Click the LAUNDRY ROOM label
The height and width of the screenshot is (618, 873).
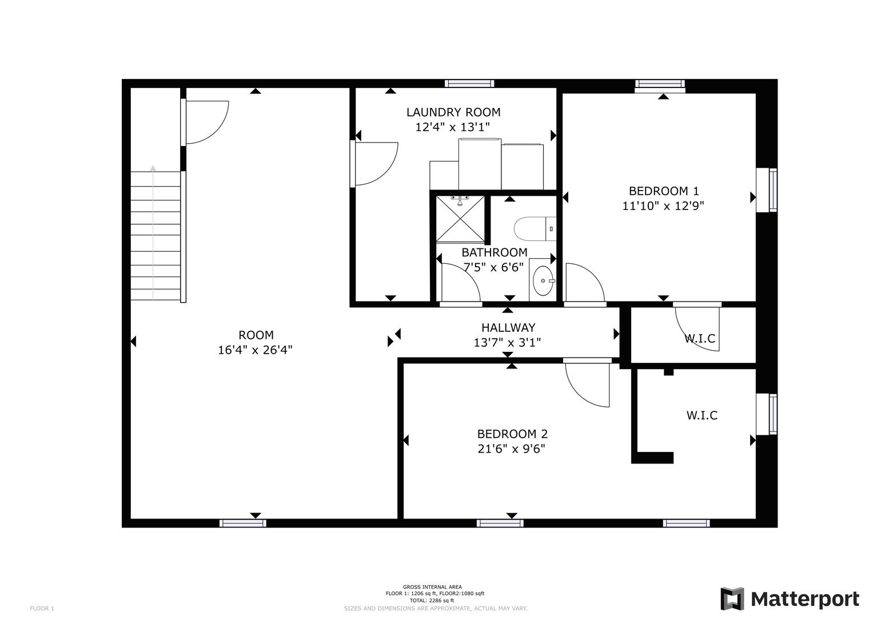coord(453,112)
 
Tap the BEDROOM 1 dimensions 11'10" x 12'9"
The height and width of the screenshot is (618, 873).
coord(663,205)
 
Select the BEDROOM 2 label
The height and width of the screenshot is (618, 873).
coord(512,434)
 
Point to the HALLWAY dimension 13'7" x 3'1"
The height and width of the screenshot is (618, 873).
coord(507,343)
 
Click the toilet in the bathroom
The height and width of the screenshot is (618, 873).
coord(535,229)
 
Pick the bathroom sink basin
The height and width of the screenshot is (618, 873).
coord(543,280)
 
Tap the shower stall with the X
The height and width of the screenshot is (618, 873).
coord(460,219)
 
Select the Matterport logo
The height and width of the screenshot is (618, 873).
coord(790,599)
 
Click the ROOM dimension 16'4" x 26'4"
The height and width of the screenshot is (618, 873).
coord(255,350)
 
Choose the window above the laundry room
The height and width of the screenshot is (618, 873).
coord(469,84)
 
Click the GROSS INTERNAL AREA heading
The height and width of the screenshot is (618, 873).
coord(432,587)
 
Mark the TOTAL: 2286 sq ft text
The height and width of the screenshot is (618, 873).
coord(432,600)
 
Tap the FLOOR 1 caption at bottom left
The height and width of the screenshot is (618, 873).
coord(42,609)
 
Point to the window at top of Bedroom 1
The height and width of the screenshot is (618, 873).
coord(660,84)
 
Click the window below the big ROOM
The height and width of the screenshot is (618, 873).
coord(243,523)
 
